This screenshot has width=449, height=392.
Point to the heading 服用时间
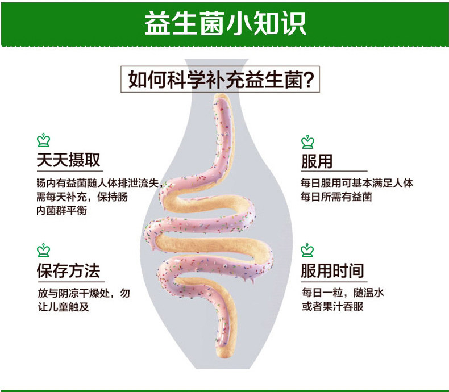(x=332, y=270)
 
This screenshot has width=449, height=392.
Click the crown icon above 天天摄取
(x=43, y=140)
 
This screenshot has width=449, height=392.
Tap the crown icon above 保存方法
(x=43, y=250)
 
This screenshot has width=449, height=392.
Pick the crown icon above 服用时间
(x=307, y=250)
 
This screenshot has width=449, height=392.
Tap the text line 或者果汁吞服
(x=332, y=307)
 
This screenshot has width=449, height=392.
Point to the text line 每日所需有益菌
(x=336, y=197)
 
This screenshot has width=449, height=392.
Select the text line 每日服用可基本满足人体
(x=356, y=184)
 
